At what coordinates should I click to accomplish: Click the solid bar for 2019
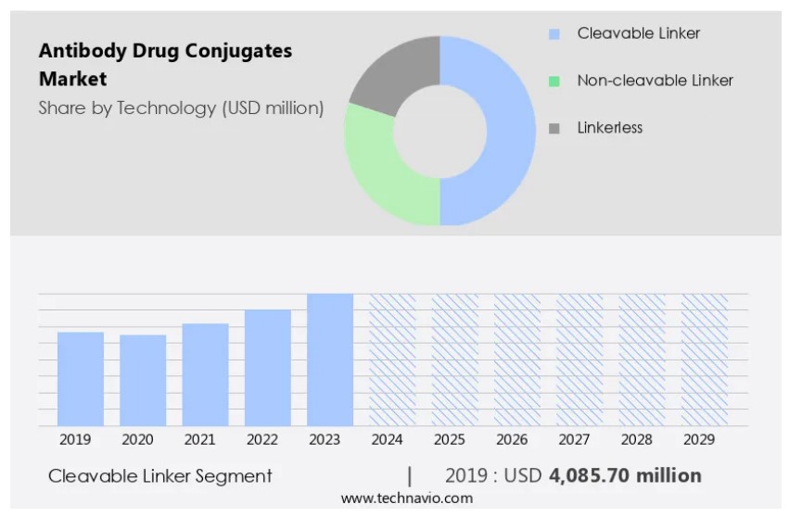[x=81, y=378]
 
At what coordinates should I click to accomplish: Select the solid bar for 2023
[x=330, y=359]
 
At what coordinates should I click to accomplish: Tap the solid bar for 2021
[x=205, y=374]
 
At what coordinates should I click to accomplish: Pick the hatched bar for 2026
[x=516, y=359]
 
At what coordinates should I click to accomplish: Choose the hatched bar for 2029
[x=704, y=359]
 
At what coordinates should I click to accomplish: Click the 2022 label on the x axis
[x=262, y=439]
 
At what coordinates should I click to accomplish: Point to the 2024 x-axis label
[x=388, y=439]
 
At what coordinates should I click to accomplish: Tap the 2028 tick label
[x=636, y=439]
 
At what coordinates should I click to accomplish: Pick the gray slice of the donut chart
[x=389, y=74]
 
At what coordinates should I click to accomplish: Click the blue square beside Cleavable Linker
[x=554, y=34]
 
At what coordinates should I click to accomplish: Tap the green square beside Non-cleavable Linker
[x=554, y=82]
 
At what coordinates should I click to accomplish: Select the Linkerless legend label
[x=609, y=128]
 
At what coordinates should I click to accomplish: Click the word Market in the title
[x=72, y=79]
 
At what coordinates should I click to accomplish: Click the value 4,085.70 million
[x=625, y=476]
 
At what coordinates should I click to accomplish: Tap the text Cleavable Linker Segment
[x=160, y=476]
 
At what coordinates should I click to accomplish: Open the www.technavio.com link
[x=406, y=498]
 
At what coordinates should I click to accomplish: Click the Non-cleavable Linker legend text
[x=655, y=81]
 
